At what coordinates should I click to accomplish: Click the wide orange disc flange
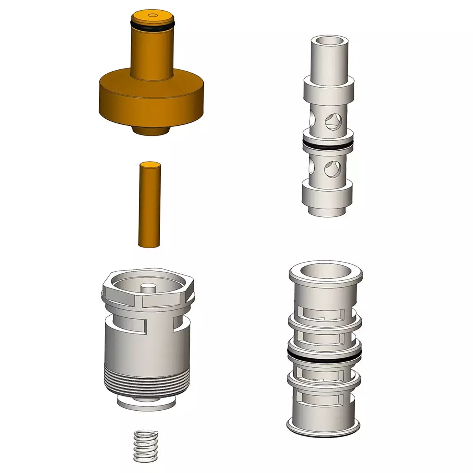[152, 99]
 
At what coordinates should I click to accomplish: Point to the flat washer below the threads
[147, 404]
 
